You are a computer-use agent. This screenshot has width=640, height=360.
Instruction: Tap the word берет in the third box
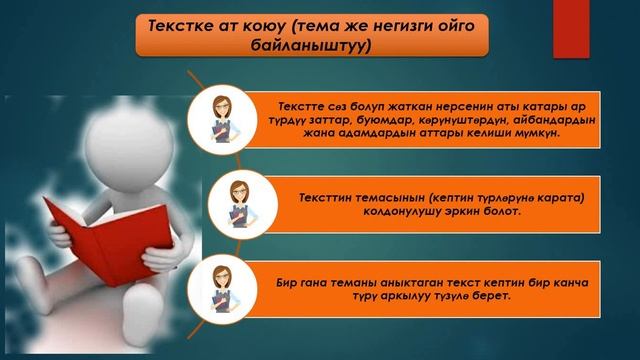(489, 298)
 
